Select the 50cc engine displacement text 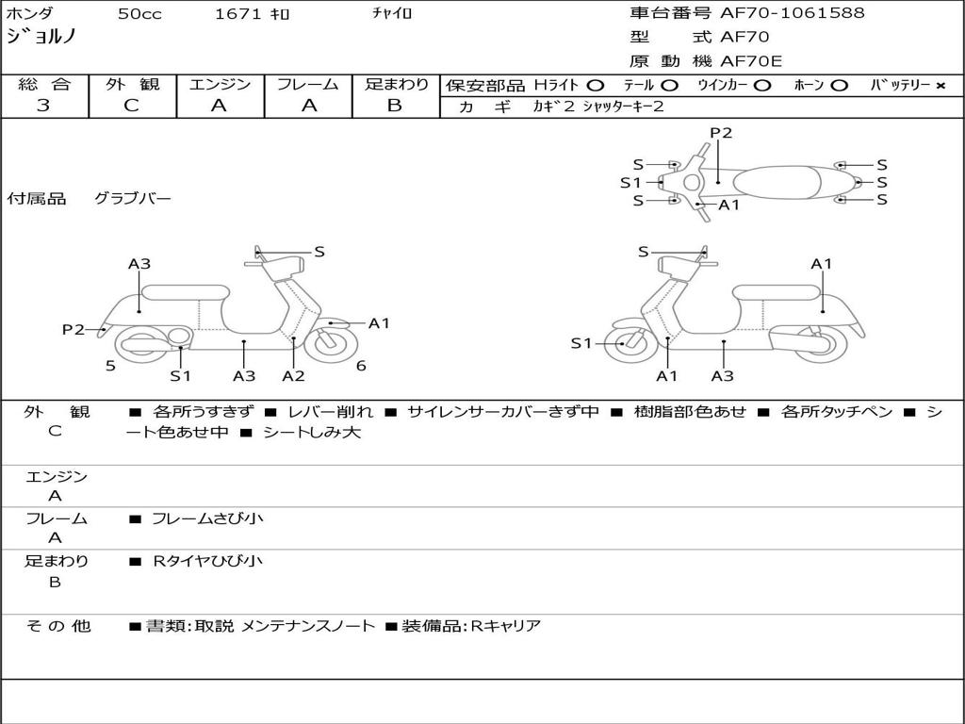[139, 14]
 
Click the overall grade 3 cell [43, 106]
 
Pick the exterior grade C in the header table [132, 106]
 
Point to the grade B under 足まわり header [395, 106]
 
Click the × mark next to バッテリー [940, 86]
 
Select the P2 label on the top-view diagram [721, 133]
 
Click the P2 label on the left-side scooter [74, 329]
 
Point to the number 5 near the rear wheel [110, 366]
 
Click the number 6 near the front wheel [361, 366]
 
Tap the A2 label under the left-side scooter [294, 375]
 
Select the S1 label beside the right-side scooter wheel [581, 343]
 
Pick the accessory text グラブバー [132, 199]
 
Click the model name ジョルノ [41, 38]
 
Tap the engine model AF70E [751, 62]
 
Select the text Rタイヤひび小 [208, 561]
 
